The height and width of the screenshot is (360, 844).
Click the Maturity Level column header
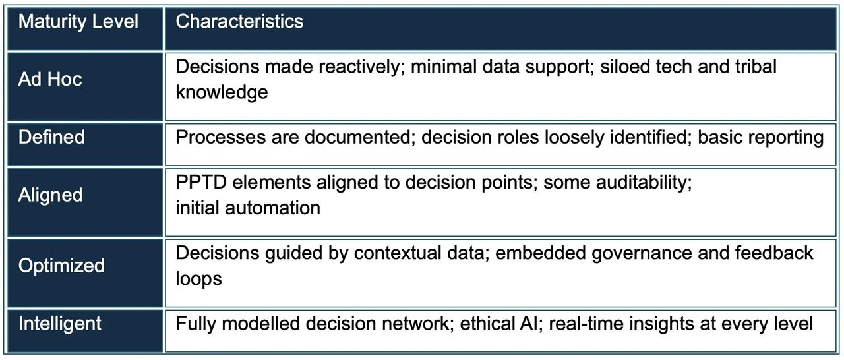coord(78,22)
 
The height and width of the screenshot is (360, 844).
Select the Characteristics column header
coord(239,21)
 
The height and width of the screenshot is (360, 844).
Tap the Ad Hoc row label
coord(50,80)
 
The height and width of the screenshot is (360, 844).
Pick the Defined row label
coord(51,137)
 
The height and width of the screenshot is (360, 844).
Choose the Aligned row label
coord(50,195)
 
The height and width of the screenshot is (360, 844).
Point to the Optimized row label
coord(61,266)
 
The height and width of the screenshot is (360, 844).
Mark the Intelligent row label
coord(59,324)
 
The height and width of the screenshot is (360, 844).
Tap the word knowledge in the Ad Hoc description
coord(222,92)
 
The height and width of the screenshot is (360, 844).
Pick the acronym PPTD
coord(201,182)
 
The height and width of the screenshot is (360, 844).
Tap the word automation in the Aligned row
coord(272,208)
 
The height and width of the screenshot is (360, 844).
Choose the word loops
coord(198,279)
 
